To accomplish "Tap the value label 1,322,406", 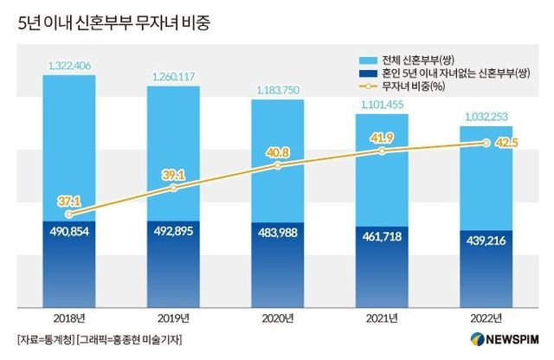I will coord(68,64).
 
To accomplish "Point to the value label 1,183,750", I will coord(278,90).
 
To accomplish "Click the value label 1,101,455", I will coord(383,105).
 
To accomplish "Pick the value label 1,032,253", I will coord(486,117).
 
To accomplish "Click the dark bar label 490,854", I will coord(68,232).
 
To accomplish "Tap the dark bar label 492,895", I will coord(173,232).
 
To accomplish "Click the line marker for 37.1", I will coord(68,213).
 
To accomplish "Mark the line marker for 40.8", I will coord(278,164).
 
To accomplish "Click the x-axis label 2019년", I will coord(173,318).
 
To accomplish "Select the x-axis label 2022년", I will coord(486,318).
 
